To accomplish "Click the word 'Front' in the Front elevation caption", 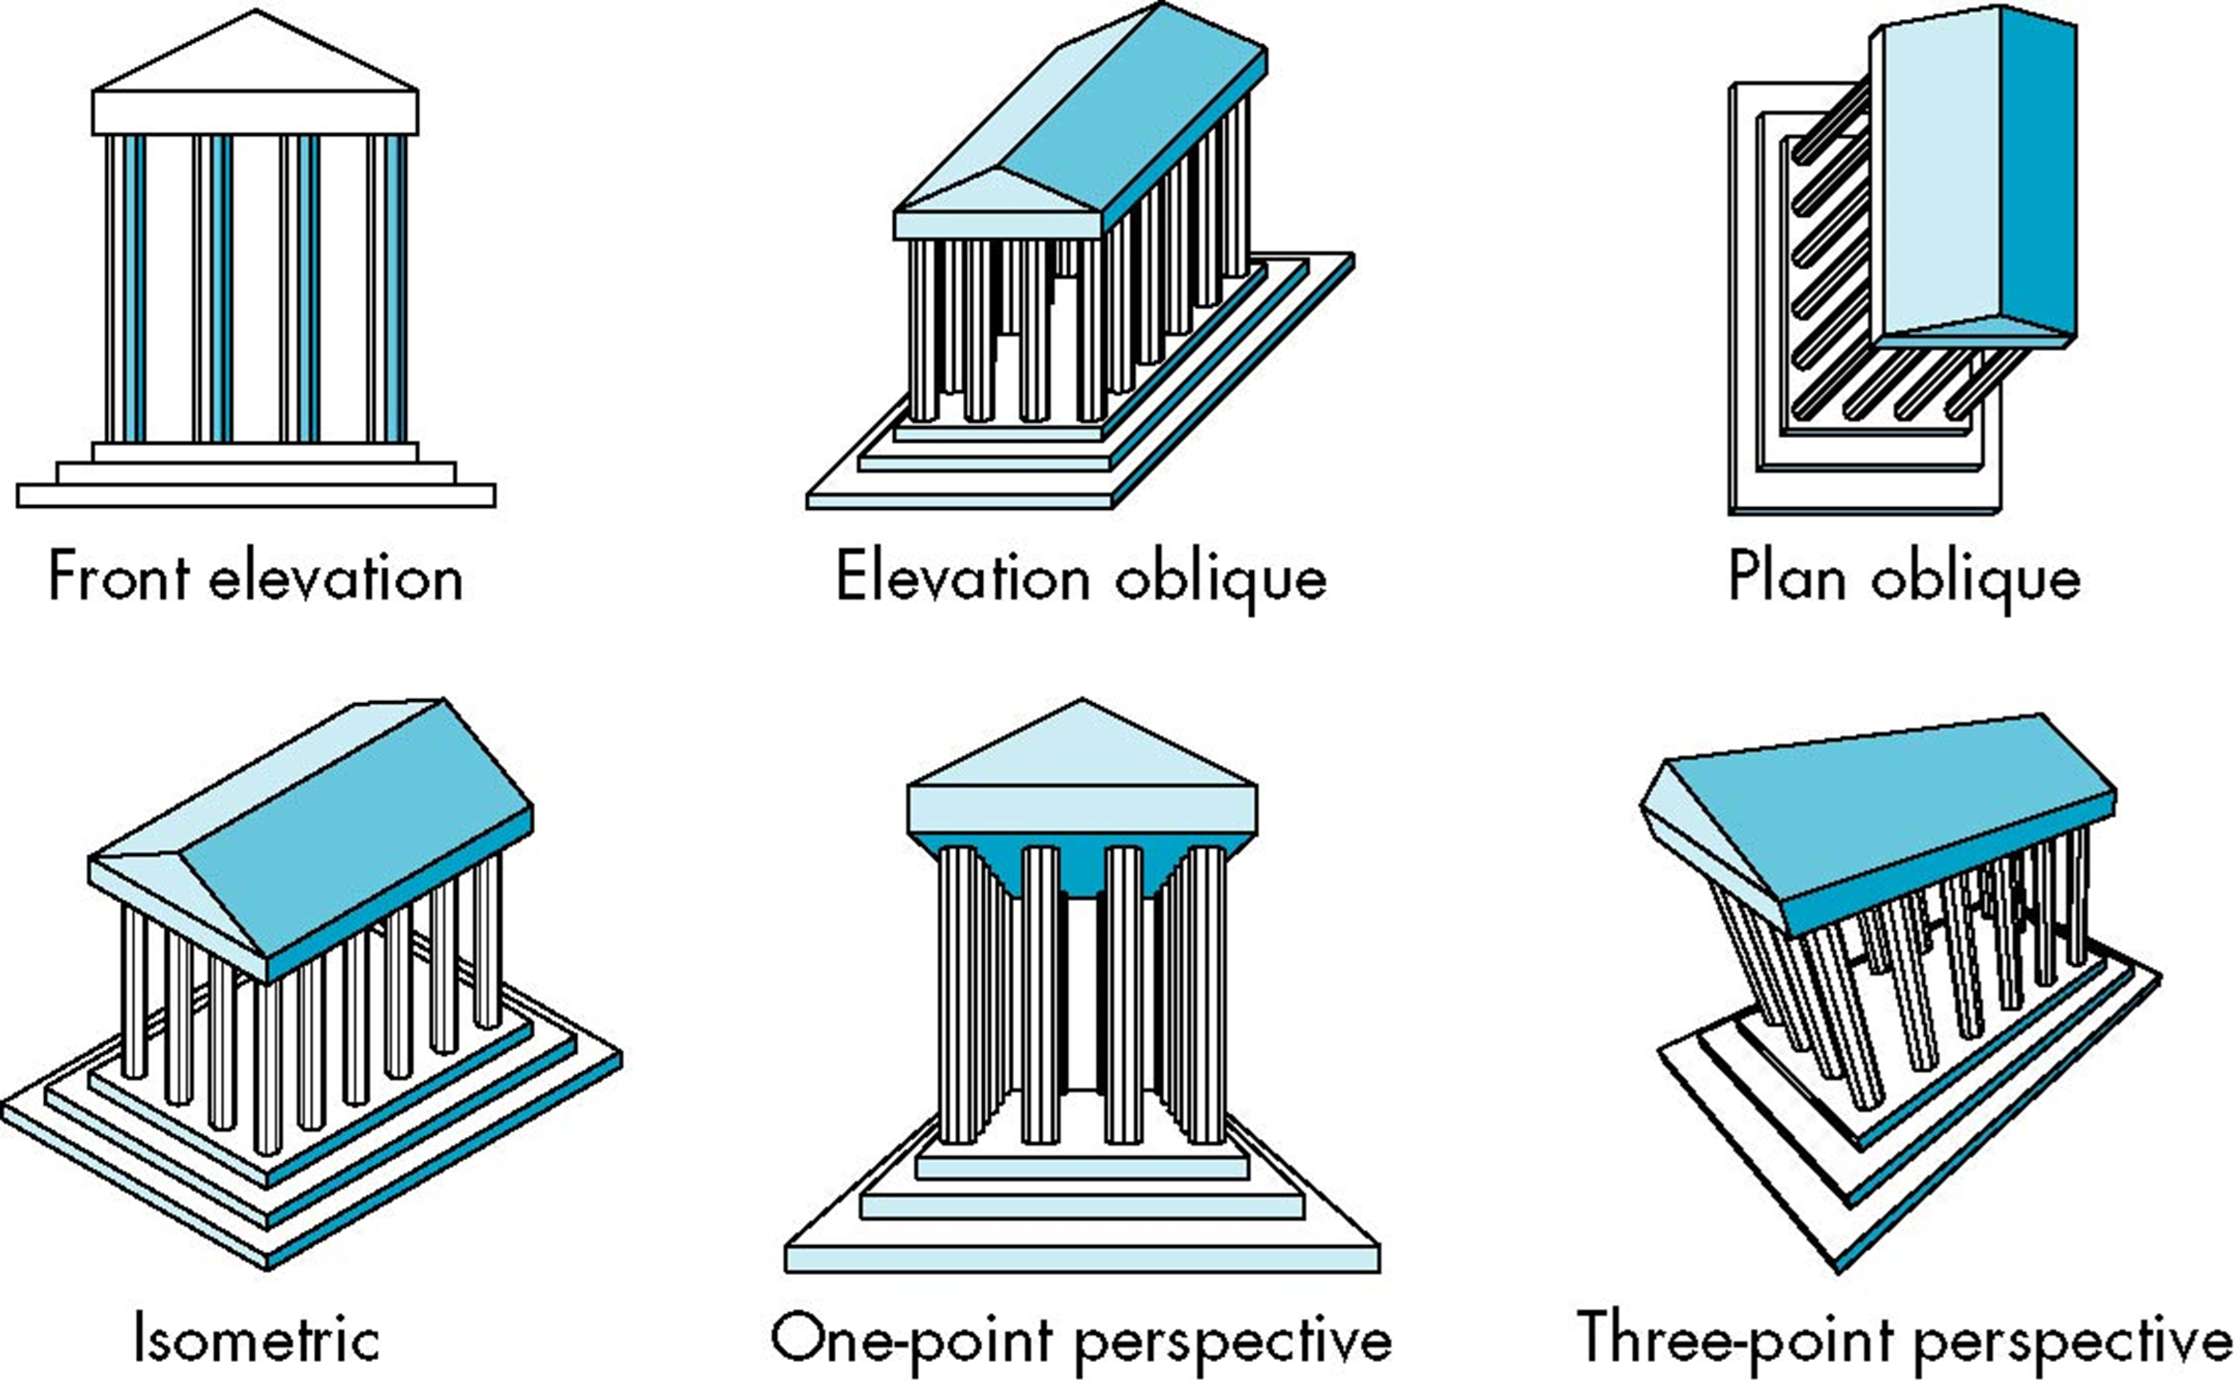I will pos(119,577).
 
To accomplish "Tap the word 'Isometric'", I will pos(257,1338).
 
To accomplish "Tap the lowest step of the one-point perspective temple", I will pos(1082,1258).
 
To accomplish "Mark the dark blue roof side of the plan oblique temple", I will pos(2038,173).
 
